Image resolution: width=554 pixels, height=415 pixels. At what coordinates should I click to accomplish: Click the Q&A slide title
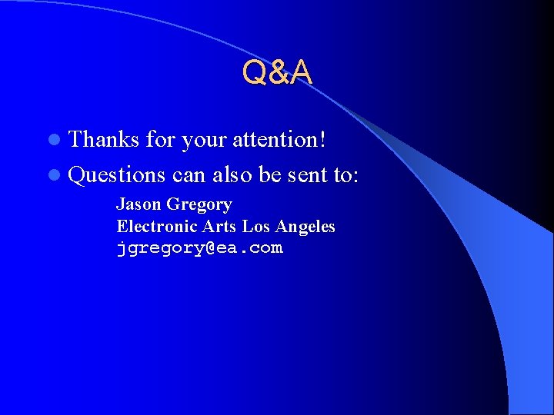click(x=277, y=72)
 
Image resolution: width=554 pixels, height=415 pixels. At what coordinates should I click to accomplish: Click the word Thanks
click(x=104, y=139)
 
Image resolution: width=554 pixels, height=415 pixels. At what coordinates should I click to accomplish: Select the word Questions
click(x=117, y=174)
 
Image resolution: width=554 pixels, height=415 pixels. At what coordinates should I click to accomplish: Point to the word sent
click(x=309, y=174)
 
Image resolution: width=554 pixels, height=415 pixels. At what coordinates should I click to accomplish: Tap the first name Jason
click(x=137, y=204)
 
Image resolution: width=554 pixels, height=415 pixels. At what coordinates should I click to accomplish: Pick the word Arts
click(x=219, y=227)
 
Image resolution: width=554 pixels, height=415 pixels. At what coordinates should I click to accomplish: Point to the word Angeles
click(x=305, y=227)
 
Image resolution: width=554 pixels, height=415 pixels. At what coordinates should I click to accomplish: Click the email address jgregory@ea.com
click(x=199, y=248)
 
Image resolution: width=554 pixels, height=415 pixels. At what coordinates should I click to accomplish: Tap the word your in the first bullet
click(x=203, y=141)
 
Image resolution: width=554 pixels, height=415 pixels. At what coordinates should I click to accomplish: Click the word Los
click(x=256, y=227)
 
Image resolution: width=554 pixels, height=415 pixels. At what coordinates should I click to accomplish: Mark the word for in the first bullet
click(x=160, y=139)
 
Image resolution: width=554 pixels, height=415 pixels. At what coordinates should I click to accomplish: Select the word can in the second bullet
click(x=189, y=175)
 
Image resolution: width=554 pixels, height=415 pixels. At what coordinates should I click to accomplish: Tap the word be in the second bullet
click(x=270, y=174)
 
